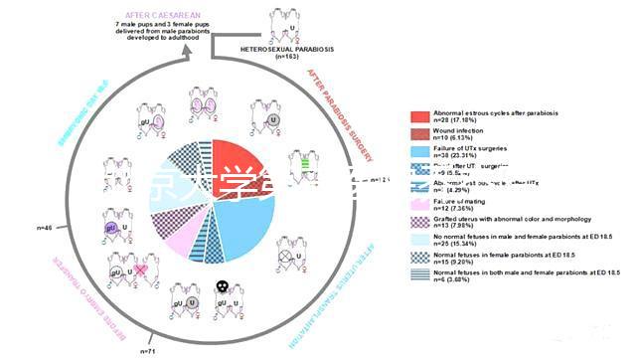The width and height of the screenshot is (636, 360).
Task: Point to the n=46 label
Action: click(45, 229)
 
